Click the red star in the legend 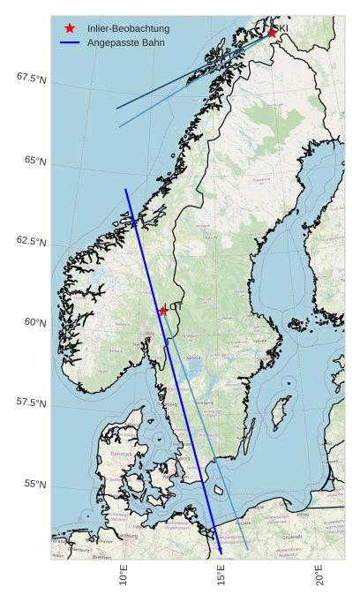tap(70, 28)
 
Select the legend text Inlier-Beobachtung tap(128, 28)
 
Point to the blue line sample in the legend tap(70, 42)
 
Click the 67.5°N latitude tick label tap(31, 79)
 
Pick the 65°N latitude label tap(35, 162)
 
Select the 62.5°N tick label tap(31, 242)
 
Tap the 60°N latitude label tap(35, 323)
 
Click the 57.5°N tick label tap(31, 403)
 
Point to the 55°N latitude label tap(35, 485)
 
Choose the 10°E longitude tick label tap(124, 576)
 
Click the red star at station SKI tap(273, 33)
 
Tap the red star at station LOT tap(163, 311)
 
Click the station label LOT tap(175, 307)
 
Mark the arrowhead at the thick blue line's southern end tap(221, 553)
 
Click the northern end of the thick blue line tap(125, 189)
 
